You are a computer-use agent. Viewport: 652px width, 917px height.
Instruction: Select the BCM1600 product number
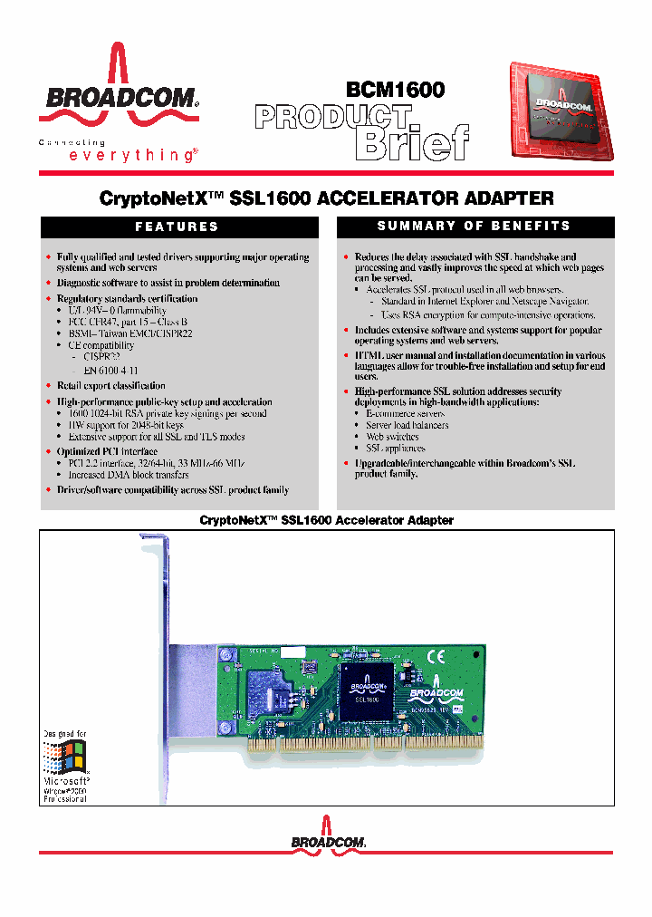(395, 90)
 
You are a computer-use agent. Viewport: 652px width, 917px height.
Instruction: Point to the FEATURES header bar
(177, 227)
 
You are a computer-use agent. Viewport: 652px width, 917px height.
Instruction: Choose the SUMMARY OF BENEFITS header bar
(474, 226)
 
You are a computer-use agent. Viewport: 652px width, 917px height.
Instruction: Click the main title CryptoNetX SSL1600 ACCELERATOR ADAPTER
(325, 198)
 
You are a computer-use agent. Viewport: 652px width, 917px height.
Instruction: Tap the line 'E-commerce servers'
(406, 413)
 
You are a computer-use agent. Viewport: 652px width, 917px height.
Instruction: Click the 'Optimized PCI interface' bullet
(107, 451)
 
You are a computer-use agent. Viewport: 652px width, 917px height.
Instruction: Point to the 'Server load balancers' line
(407, 425)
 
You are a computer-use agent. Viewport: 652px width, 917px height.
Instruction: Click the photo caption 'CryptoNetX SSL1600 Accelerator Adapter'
(326, 520)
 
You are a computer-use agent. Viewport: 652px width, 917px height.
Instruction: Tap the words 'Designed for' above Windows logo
(65, 733)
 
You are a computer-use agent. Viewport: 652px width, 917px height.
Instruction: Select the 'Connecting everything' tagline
(117, 150)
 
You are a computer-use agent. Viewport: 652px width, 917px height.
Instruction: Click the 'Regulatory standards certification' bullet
(127, 298)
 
